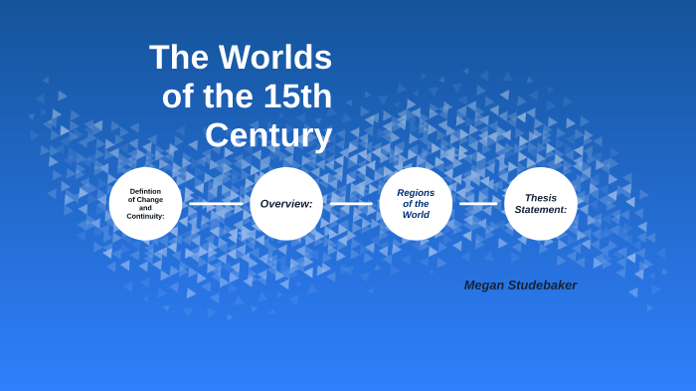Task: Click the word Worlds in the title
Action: (x=274, y=58)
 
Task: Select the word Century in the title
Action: (x=268, y=135)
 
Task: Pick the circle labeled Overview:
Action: (x=286, y=204)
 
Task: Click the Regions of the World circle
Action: (x=416, y=204)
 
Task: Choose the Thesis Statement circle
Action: (x=541, y=204)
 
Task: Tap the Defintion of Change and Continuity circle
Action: (x=145, y=204)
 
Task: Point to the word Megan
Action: (x=486, y=286)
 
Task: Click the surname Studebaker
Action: (x=545, y=286)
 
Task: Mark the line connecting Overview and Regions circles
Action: (x=351, y=204)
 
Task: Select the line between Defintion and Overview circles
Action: (x=216, y=204)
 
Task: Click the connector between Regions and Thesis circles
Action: (x=478, y=204)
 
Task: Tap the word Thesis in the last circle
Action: (x=541, y=198)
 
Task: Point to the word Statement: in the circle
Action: (x=541, y=210)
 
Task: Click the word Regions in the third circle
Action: (x=416, y=193)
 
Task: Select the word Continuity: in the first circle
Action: (x=145, y=216)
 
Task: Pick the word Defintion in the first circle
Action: (x=145, y=191)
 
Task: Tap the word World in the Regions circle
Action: (x=416, y=215)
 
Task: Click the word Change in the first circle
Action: (x=151, y=199)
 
